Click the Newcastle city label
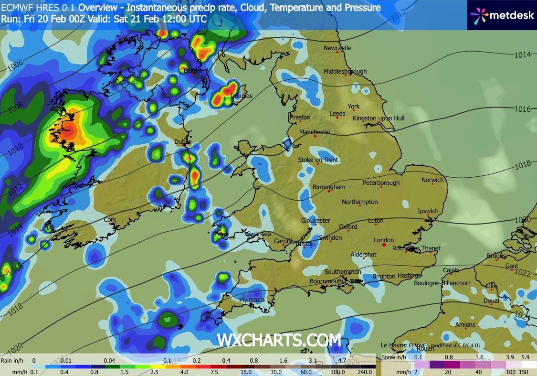coord(337,48)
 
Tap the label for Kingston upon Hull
coord(379,118)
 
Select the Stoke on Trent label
coord(318,160)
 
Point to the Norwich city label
coord(432,180)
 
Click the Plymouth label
coord(252,300)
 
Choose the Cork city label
coord(110,220)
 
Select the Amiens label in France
coord(465,325)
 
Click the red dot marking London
coord(384,246)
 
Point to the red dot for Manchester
coord(315,137)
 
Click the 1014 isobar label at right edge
coord(522,55)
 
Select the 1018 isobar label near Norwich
coord(522,165)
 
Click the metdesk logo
coord(499,15)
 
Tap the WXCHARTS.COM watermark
coord(279,341)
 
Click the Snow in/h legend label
coord(394,357)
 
